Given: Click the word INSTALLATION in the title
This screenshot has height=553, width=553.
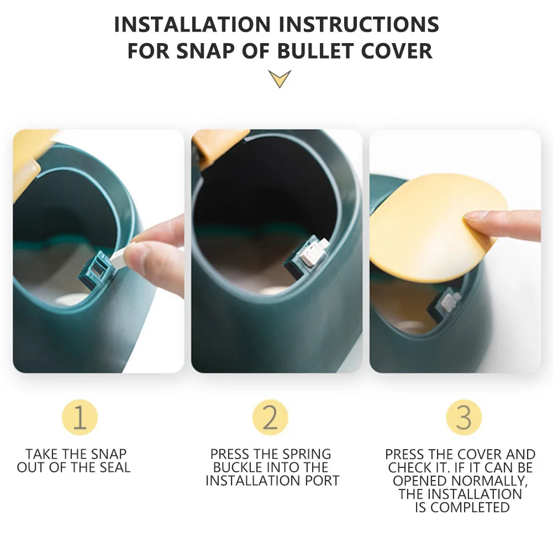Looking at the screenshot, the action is click(192, 24).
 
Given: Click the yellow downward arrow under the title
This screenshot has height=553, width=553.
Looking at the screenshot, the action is click(280, 78).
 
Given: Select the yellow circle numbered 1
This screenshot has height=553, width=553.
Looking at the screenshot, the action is click(80, 417).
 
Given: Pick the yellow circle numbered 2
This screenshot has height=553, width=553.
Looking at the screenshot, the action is click(270, 417).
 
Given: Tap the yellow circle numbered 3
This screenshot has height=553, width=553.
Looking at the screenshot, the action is click(464, 417).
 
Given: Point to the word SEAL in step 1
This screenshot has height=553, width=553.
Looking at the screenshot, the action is click(115, 467).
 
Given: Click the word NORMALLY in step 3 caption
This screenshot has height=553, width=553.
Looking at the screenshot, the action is click(489, 481).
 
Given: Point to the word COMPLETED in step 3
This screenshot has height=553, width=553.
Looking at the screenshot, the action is click(471, 508).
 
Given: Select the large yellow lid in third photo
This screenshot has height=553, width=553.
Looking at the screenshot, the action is click(438, 228).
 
